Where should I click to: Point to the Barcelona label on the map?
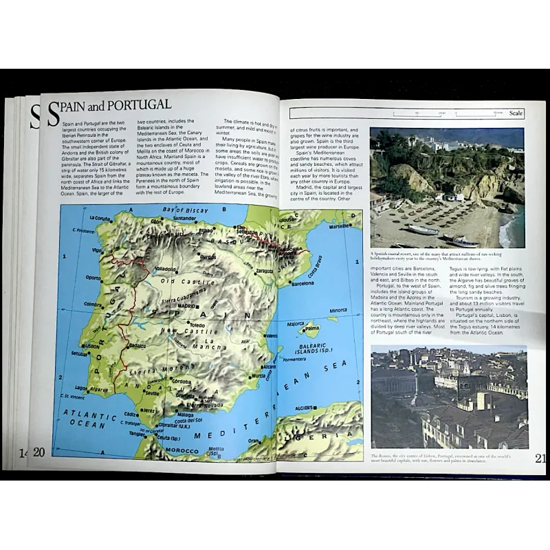pos(303,283)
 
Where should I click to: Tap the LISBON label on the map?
pos(92,346)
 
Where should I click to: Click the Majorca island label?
pos(296,324)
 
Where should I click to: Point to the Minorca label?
pos(338,310)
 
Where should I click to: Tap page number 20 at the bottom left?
pos(38,452)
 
